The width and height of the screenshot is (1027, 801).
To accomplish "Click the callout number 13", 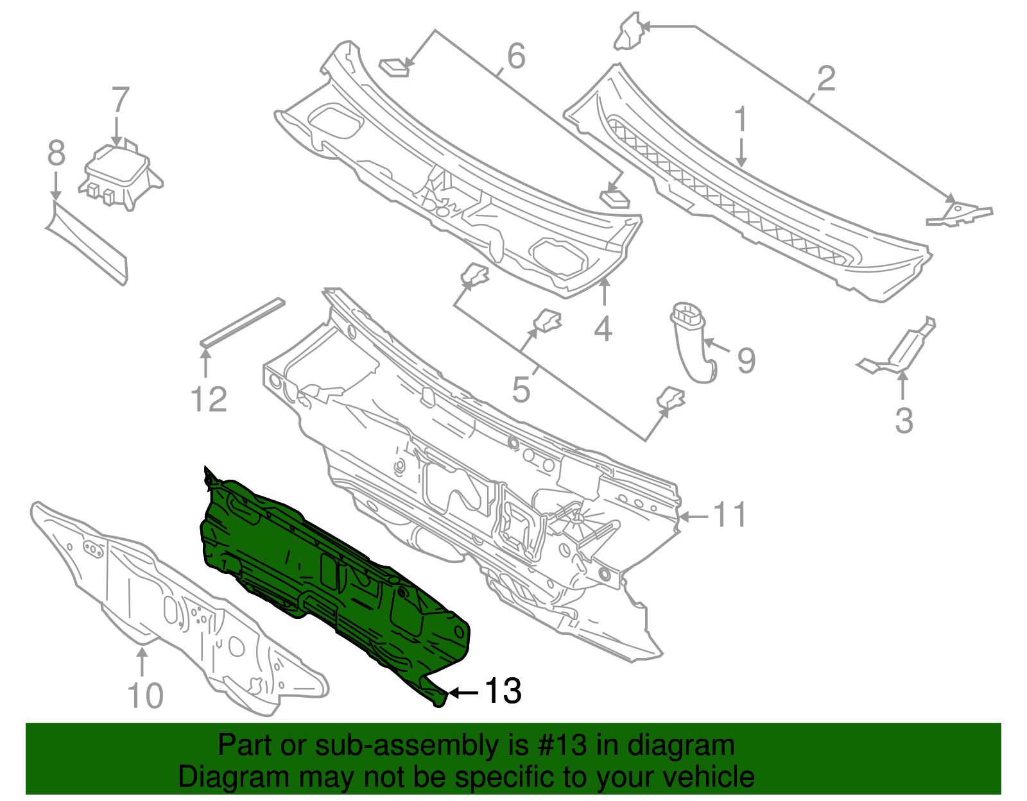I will coord(503,691).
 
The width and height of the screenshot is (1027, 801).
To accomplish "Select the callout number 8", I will coord(56,154).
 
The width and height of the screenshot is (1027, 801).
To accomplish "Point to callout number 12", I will coord(209,400).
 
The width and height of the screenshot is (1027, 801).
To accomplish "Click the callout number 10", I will coord(146,696).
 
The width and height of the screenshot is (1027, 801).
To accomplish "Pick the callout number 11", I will coord(730,515).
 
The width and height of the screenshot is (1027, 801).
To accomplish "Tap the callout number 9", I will coord(746,360).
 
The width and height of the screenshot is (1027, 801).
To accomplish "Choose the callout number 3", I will coord(904,421).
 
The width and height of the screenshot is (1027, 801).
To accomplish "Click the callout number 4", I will coord(603,330).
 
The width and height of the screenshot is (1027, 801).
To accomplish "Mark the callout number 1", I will coord(741,120).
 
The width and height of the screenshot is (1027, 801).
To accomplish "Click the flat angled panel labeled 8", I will coord(87,240).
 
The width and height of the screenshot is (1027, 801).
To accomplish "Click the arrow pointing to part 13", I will coord(463,693).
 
